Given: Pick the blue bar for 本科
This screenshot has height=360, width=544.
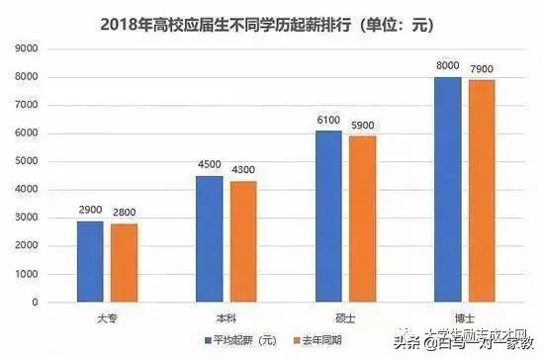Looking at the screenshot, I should pyautogui.click(x=209, y=238).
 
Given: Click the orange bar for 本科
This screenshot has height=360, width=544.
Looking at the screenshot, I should pyautogui.click(x=242, y=241).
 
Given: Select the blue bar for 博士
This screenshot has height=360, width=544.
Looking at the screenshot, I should pyautogui.click(x=447, y=189).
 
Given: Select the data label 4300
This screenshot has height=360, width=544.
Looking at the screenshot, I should pyautogui.click(x=244, y=172).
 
